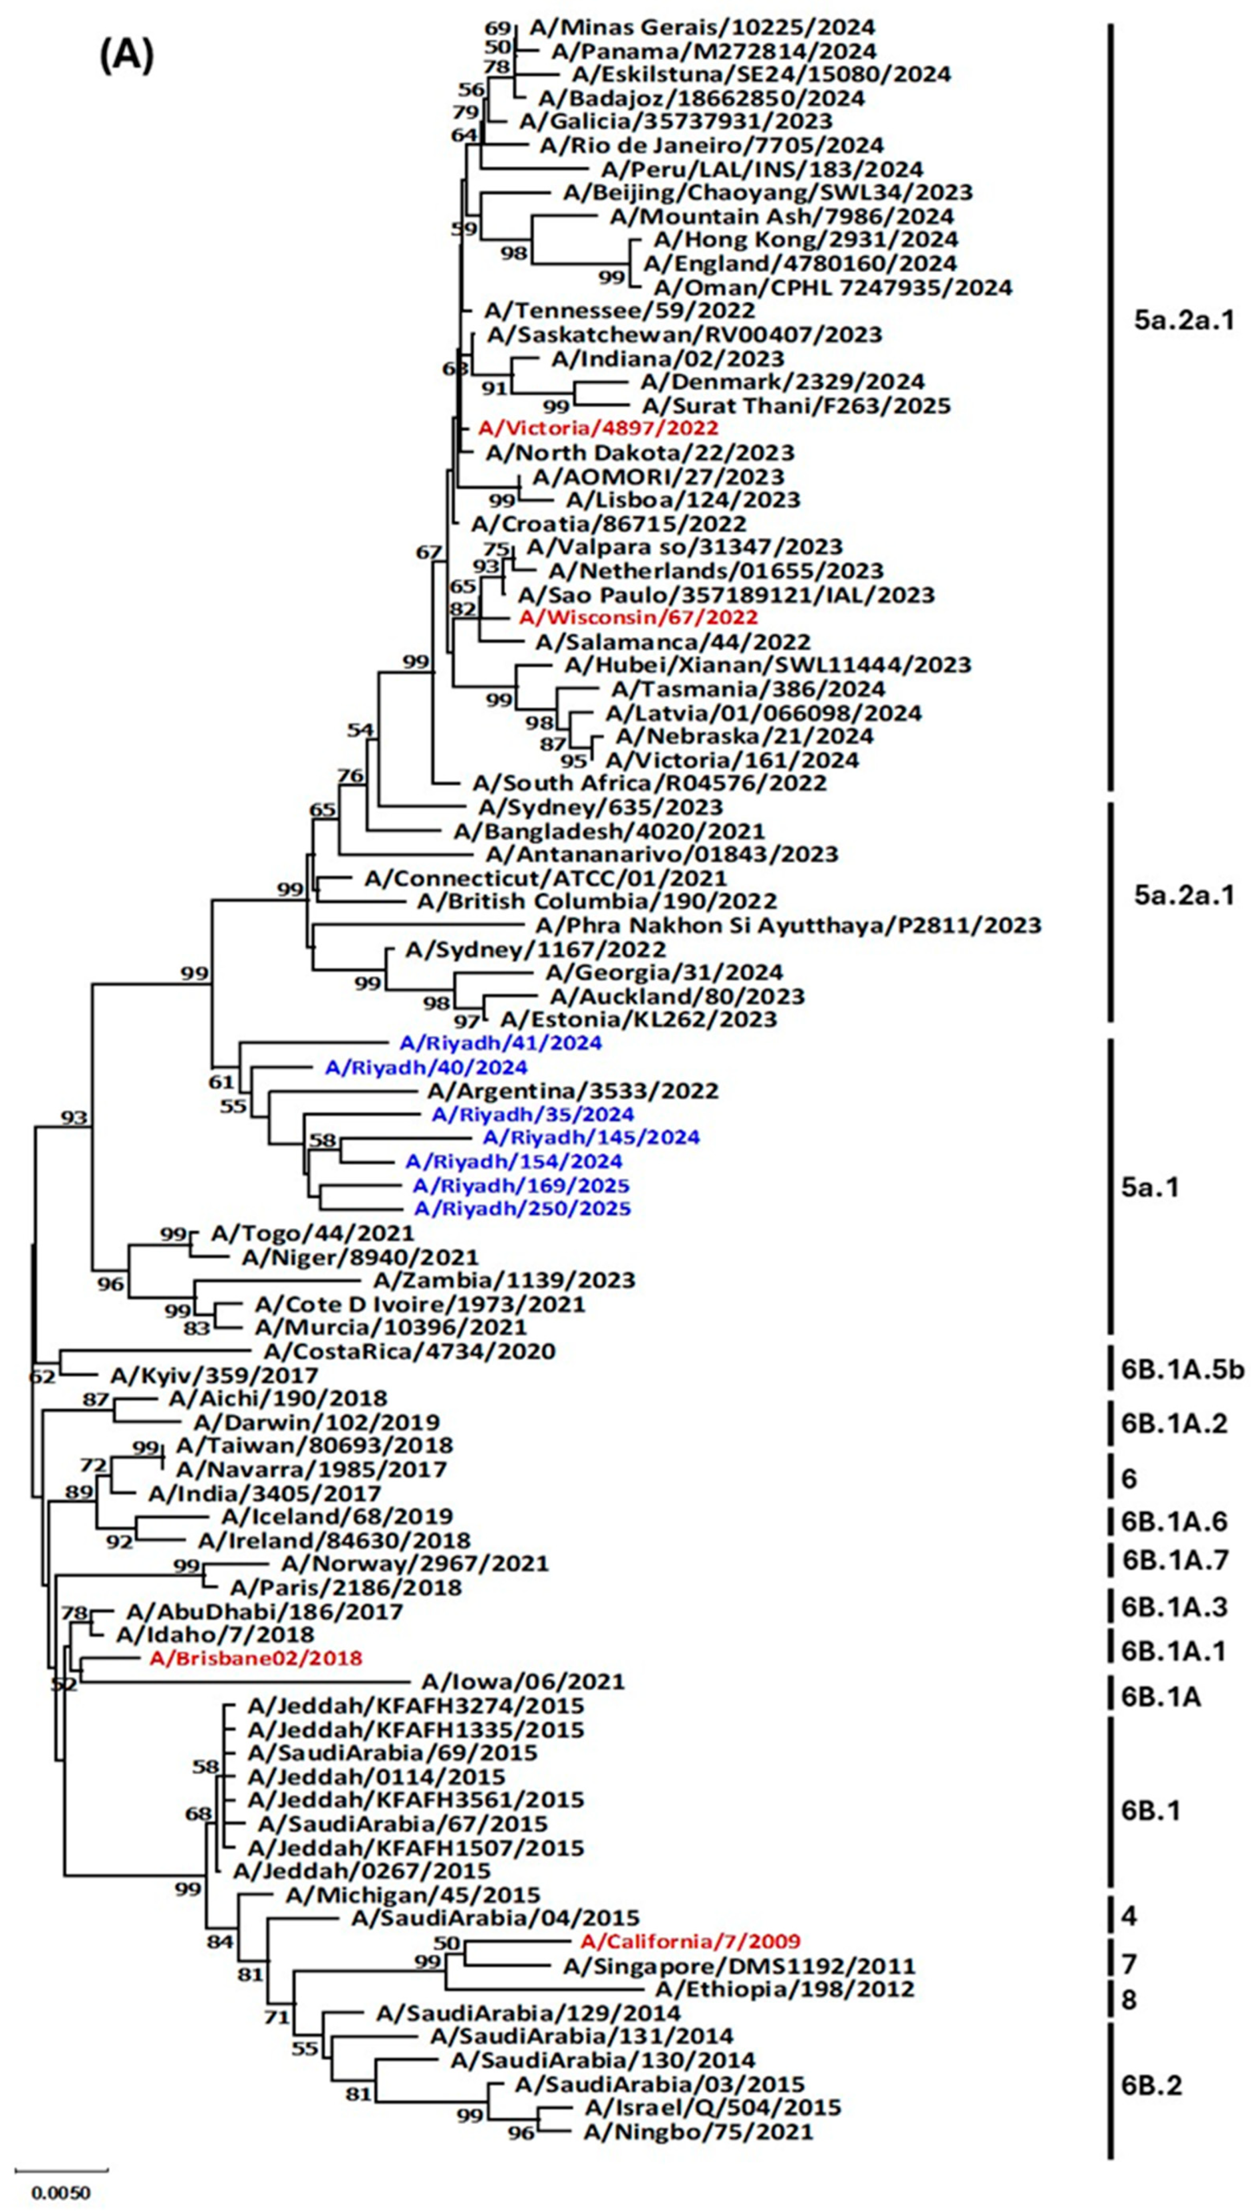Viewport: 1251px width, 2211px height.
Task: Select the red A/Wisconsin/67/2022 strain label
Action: (x=638, y=617)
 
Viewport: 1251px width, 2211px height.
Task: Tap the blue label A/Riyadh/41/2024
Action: (x=500, y=1043)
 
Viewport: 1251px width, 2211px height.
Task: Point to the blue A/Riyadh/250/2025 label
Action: (x=523, y=1208)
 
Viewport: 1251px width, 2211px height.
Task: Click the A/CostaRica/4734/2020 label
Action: (x=410, y=1351)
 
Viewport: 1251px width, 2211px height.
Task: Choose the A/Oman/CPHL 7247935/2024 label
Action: (x=833, y=286)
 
